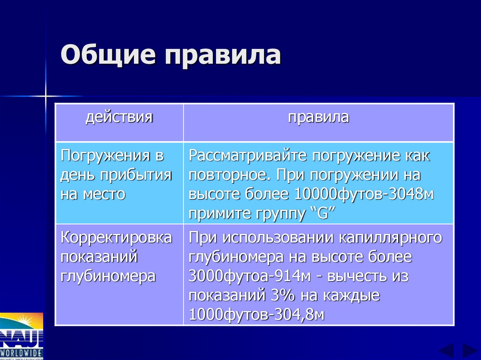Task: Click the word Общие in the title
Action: (108, 55)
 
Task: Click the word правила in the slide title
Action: (222, 55)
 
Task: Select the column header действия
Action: (119, 117)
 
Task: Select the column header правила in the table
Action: (318, 117)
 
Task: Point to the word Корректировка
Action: (116, 237)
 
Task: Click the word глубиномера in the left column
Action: (108, 276)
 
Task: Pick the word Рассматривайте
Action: (246, 156)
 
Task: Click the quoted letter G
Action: (322, 214)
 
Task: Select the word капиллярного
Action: (390, 237)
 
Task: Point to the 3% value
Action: (280, 295)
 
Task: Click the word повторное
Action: (229, 175)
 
